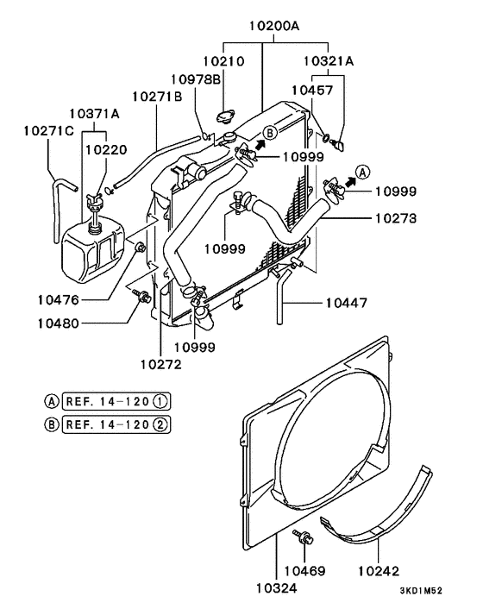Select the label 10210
[224, 62]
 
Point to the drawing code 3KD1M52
[421, 591]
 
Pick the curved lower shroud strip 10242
[388, 518]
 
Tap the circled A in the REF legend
[52, 400]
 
